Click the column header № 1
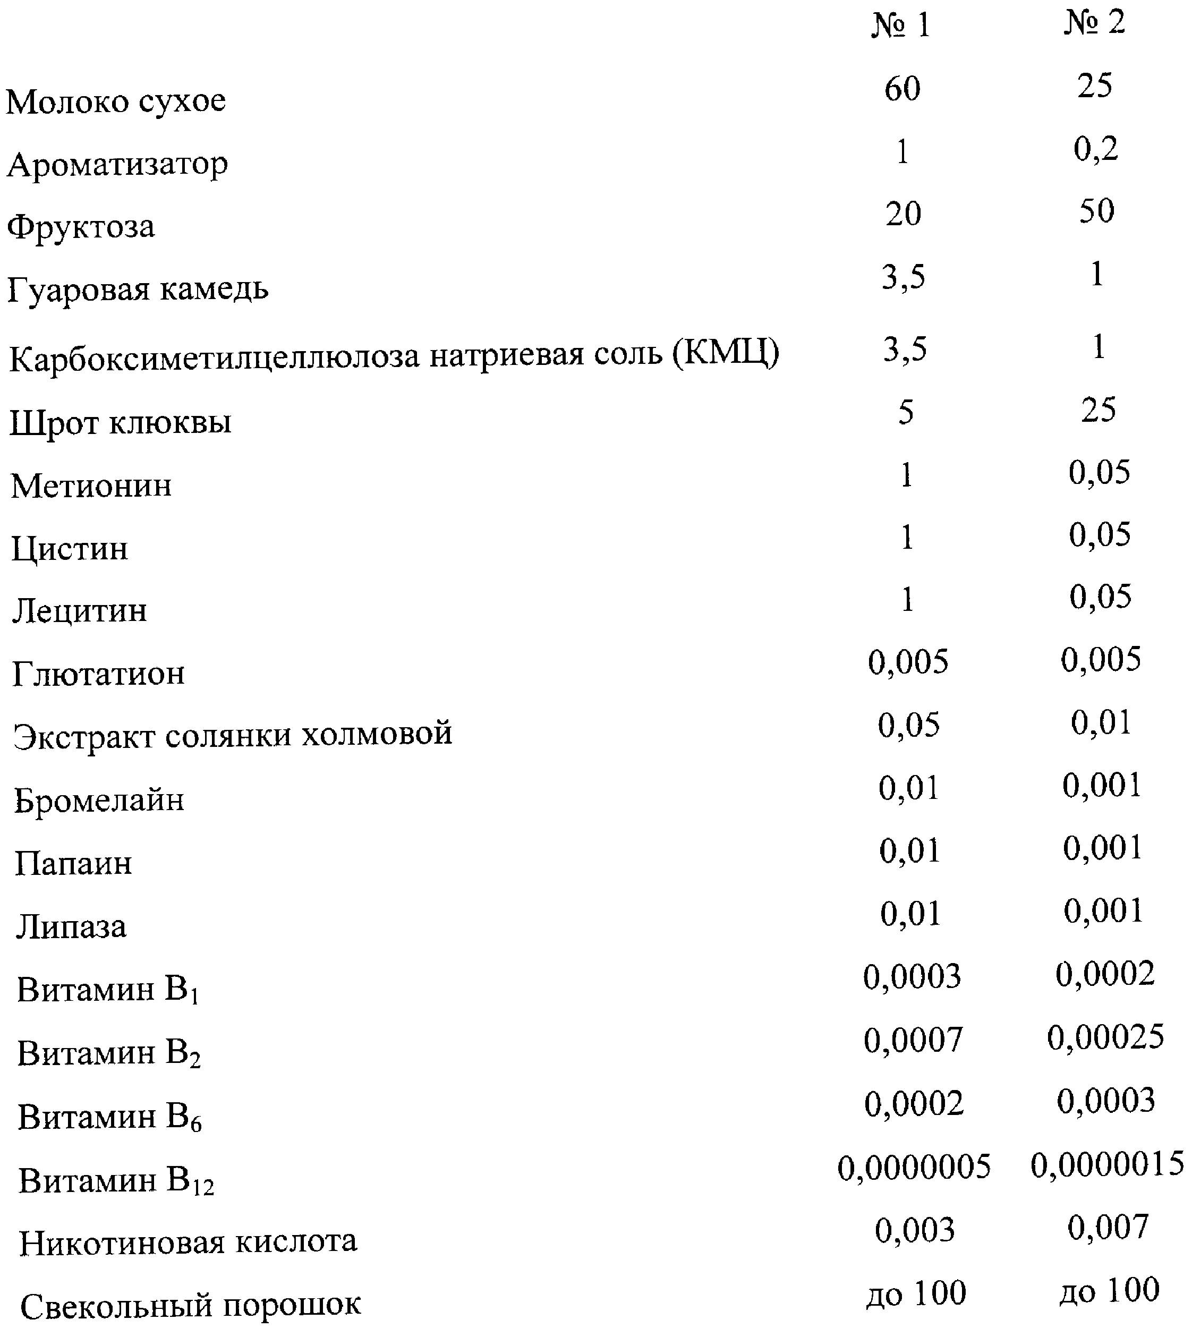(901, 26)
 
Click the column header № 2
(1094, 23)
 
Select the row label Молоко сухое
(116, 101)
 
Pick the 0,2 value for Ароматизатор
(1096, 149)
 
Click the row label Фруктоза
(81, 227)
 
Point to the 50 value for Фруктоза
(1097, 211)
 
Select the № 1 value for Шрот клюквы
(906, 413)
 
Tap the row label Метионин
(92, 486)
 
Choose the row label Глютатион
(99, 673)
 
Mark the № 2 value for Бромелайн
(1102, 785)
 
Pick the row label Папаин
(73, 864)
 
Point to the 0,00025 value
(1105, 1037)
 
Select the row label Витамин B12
(116, 1182)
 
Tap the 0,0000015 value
(1107, 1164)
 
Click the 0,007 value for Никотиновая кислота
(1108, 1228)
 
